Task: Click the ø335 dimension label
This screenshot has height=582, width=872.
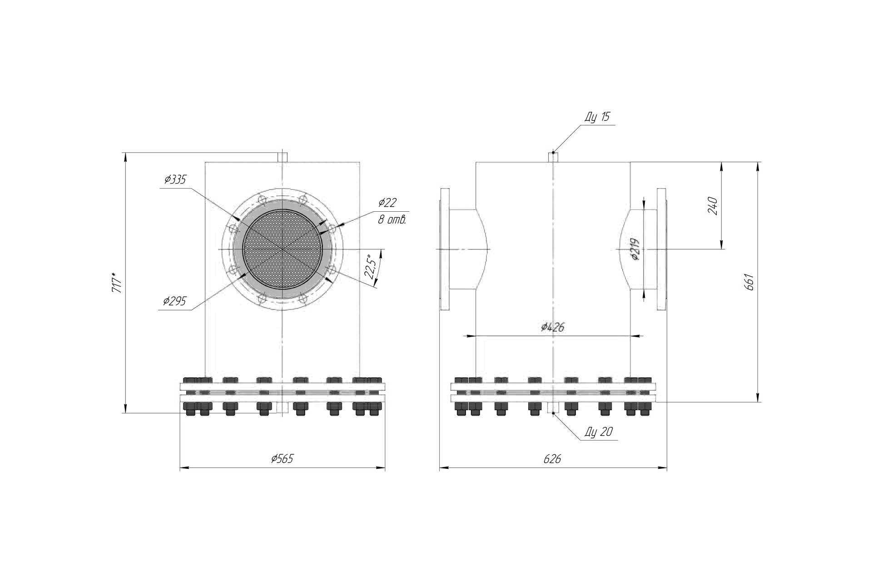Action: tap(175, 179)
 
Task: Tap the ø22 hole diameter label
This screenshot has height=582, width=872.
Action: tap(387, 203)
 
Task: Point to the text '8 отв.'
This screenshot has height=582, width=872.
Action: tap(392, 220)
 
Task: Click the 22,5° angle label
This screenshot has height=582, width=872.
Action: tap(371, 268)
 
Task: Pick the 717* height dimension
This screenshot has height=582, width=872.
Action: tap(117, 282)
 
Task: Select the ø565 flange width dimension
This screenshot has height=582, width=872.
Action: tap(282, 458)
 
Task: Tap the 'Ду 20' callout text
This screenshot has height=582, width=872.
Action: tap(599, 432)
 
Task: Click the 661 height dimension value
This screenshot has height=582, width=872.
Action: tap(750, 282)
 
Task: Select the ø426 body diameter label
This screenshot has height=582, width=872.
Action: tap(553, 327)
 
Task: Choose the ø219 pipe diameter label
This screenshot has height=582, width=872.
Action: tap(635, 249)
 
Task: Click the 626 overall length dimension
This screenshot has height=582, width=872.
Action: tap(552, 459)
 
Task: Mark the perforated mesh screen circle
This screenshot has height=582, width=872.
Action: tap(282, 249)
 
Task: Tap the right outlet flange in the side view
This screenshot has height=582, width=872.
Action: tap(662, 249)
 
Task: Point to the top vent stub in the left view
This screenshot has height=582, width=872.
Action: tap(282, 157)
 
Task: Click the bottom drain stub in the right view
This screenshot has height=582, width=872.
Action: tap(553, 408)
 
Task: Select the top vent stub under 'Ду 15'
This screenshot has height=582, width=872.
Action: tap(553, 157)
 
